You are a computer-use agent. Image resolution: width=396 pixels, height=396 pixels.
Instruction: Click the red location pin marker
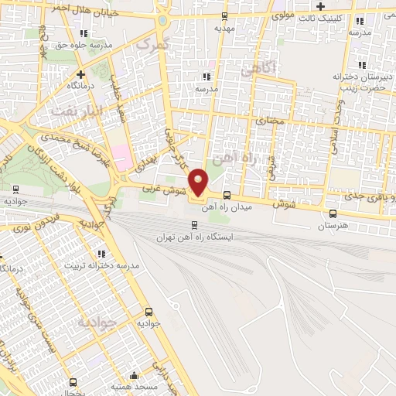click(x=200, y=183)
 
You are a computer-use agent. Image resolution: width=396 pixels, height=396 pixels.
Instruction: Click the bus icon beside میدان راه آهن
click(x=226, y=195)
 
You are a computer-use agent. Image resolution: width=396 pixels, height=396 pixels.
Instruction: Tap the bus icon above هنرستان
click(x=333, y=214)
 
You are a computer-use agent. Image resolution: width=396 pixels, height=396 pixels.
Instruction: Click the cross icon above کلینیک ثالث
click(x=342, y=6)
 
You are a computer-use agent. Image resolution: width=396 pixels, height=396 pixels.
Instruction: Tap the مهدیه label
click(x=224, y=28)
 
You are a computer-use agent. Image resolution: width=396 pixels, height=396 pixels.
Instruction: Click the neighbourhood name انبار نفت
click(x=72, y=111)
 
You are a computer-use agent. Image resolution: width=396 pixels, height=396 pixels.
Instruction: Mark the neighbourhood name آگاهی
click(x=258, y=70)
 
